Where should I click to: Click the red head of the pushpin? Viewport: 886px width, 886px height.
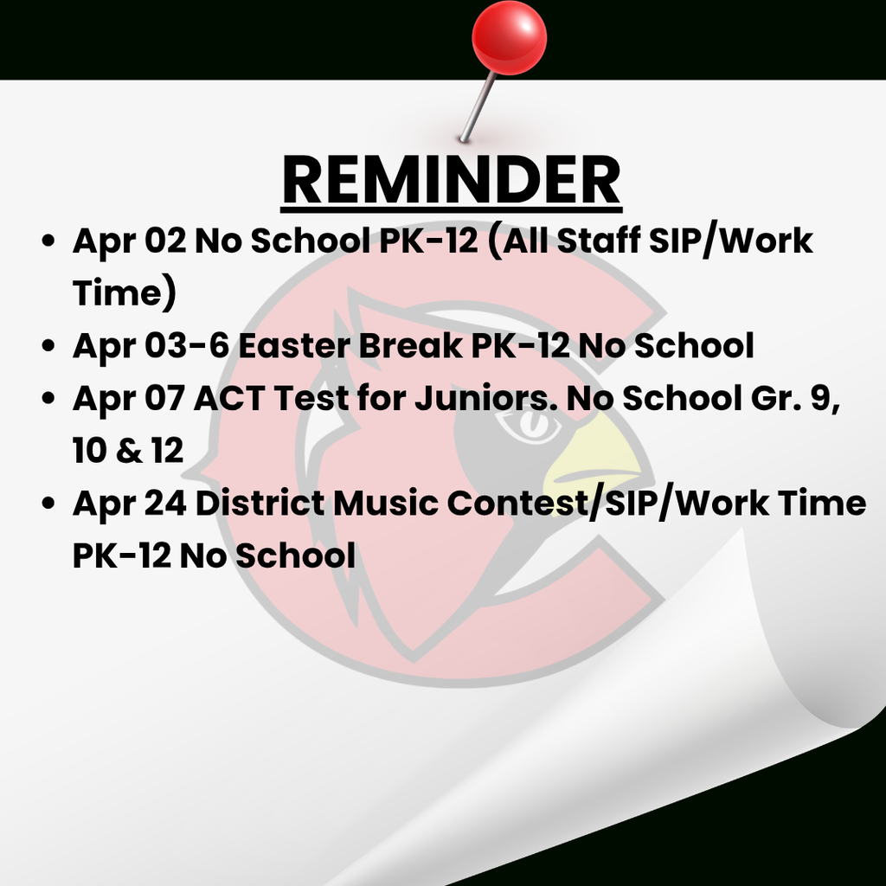click(x=509, y=37)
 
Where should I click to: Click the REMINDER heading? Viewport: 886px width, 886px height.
click(x=451, y=181)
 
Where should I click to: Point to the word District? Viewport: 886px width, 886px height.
click(x=260, y=503)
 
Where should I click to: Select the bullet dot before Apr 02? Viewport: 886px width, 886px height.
click(x=49, y=241)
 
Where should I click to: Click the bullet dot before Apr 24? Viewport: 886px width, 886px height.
click(x=49, y=504)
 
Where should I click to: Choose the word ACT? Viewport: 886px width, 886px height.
click(x=231, y=398)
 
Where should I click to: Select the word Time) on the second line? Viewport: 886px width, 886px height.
click(x=125, y=293)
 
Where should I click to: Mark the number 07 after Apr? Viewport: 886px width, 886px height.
click(x=164, y=398)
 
